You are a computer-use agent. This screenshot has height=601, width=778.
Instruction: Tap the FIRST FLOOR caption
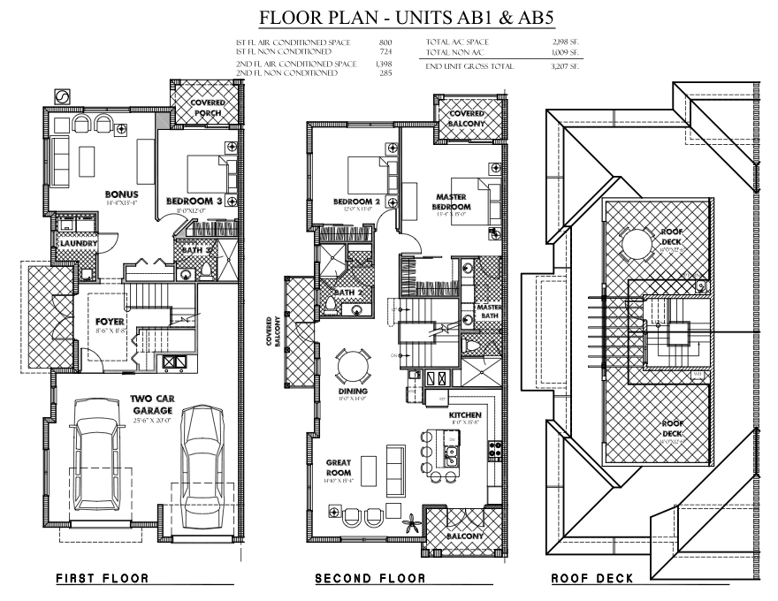click(x=102, y=579)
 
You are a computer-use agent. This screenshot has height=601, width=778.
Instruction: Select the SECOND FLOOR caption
click(x=370, y=579)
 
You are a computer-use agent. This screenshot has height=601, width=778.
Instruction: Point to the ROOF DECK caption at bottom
click(x=591, y=579)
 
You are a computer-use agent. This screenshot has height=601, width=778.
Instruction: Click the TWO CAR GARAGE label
click(x=153, y=404)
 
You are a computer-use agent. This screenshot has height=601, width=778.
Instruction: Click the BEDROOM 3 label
click(x=192, y=202)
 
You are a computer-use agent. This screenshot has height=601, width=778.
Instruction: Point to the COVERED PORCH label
click(x=208, y=108)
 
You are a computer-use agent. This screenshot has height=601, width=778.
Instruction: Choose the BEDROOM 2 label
click(x=356, y=202)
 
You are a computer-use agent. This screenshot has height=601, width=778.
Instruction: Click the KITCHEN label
click(x=464, y=415)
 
